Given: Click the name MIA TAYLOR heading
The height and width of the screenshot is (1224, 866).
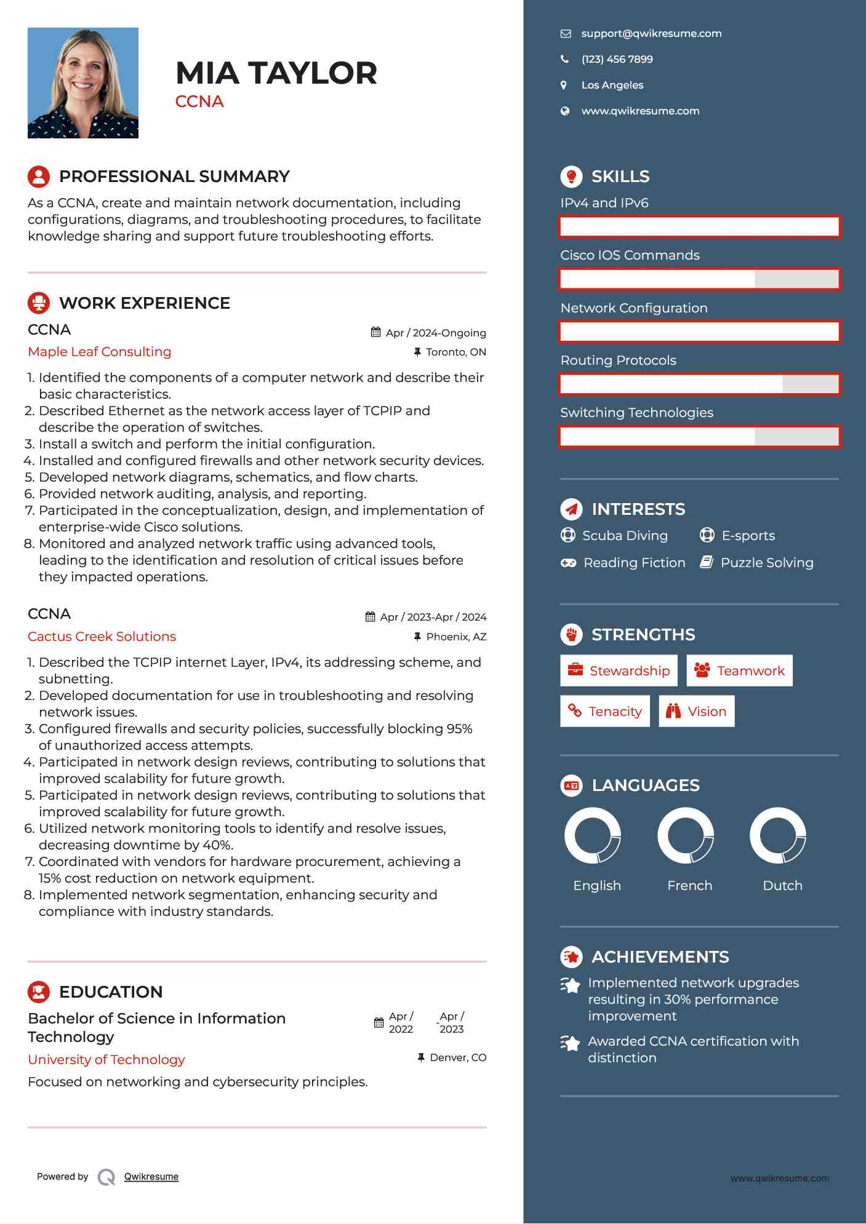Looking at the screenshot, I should coord(276,73).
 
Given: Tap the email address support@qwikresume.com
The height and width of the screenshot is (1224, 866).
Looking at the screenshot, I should coord(651,34).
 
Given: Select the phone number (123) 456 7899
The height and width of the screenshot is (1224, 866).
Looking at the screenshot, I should coord(617,60).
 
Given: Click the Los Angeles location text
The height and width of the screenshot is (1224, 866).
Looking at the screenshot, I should coord(612,85).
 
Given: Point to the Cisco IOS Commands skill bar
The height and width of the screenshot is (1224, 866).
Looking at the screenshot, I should coord(699,279).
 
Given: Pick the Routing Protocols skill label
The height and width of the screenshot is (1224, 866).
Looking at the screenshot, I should coord(618,360).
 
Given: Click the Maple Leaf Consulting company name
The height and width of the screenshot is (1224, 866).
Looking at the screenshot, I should coord(100,352).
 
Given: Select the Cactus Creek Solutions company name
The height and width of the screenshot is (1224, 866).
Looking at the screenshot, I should coord(102,637).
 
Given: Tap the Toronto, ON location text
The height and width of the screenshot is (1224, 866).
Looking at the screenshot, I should coord(455,352).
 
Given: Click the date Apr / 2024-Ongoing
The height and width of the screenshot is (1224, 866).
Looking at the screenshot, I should coord(435,333).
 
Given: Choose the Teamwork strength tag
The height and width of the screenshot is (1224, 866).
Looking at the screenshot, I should coord(739,670).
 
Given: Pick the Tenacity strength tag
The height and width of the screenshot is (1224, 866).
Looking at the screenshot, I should coord(604,712).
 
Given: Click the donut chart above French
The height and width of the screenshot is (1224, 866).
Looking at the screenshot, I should coord(685,836).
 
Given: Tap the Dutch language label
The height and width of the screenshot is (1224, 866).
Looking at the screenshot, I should coord(782,886).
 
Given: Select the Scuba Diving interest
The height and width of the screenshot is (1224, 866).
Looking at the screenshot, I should coord(624,536).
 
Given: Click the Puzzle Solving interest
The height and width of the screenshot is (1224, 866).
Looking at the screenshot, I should coord(766,563).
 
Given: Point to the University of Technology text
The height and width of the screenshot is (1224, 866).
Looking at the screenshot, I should coord(106,1060).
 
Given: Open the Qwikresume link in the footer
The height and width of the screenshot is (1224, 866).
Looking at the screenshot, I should coord(151,1177).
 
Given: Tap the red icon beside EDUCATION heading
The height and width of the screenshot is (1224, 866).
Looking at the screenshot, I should coord(39,992).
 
